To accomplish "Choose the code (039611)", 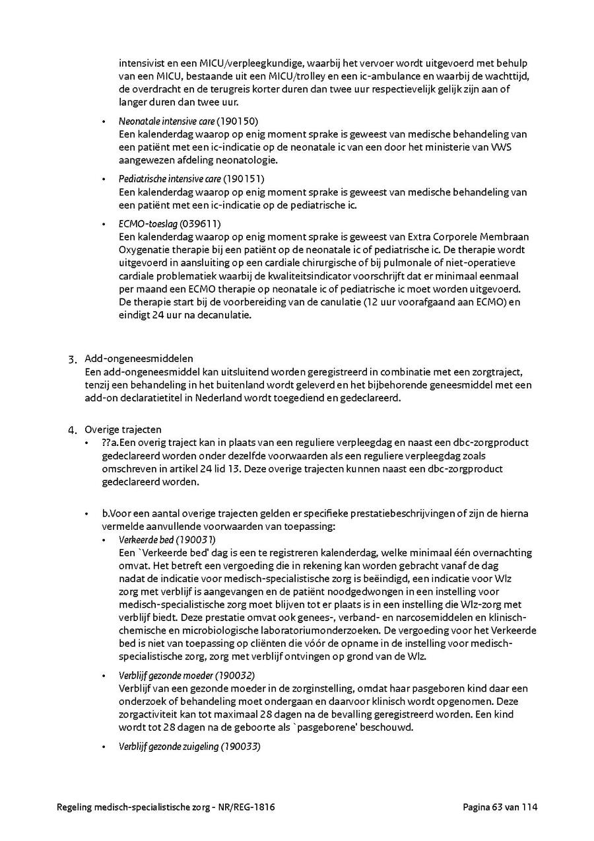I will coord(200,224).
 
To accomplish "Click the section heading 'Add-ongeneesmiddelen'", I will coord(139,359).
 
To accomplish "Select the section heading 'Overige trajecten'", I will coord(123,429).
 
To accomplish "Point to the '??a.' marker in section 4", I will coord(110,443).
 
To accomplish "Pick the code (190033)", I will coord(241,747).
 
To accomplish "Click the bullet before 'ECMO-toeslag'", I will coord(104,225).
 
